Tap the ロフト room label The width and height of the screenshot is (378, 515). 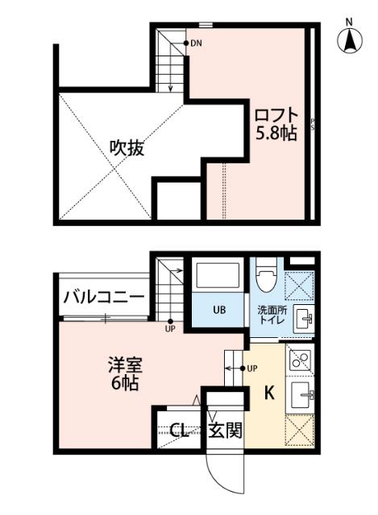click(x=276, y=114)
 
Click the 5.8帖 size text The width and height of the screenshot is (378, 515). click(x=276, y=133)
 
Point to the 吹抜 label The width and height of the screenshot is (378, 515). click(x=127, y=148)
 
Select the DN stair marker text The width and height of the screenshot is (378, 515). click(x=196, y=43)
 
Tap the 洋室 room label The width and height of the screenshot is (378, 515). click(x=125, y=364)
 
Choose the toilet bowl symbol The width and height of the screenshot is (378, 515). click(x=265, y=278)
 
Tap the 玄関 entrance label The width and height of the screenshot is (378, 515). click(x=225, y=431)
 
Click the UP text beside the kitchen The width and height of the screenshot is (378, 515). click(x=251, y=369)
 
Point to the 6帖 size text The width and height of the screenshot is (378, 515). click(x=125, y=383)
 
